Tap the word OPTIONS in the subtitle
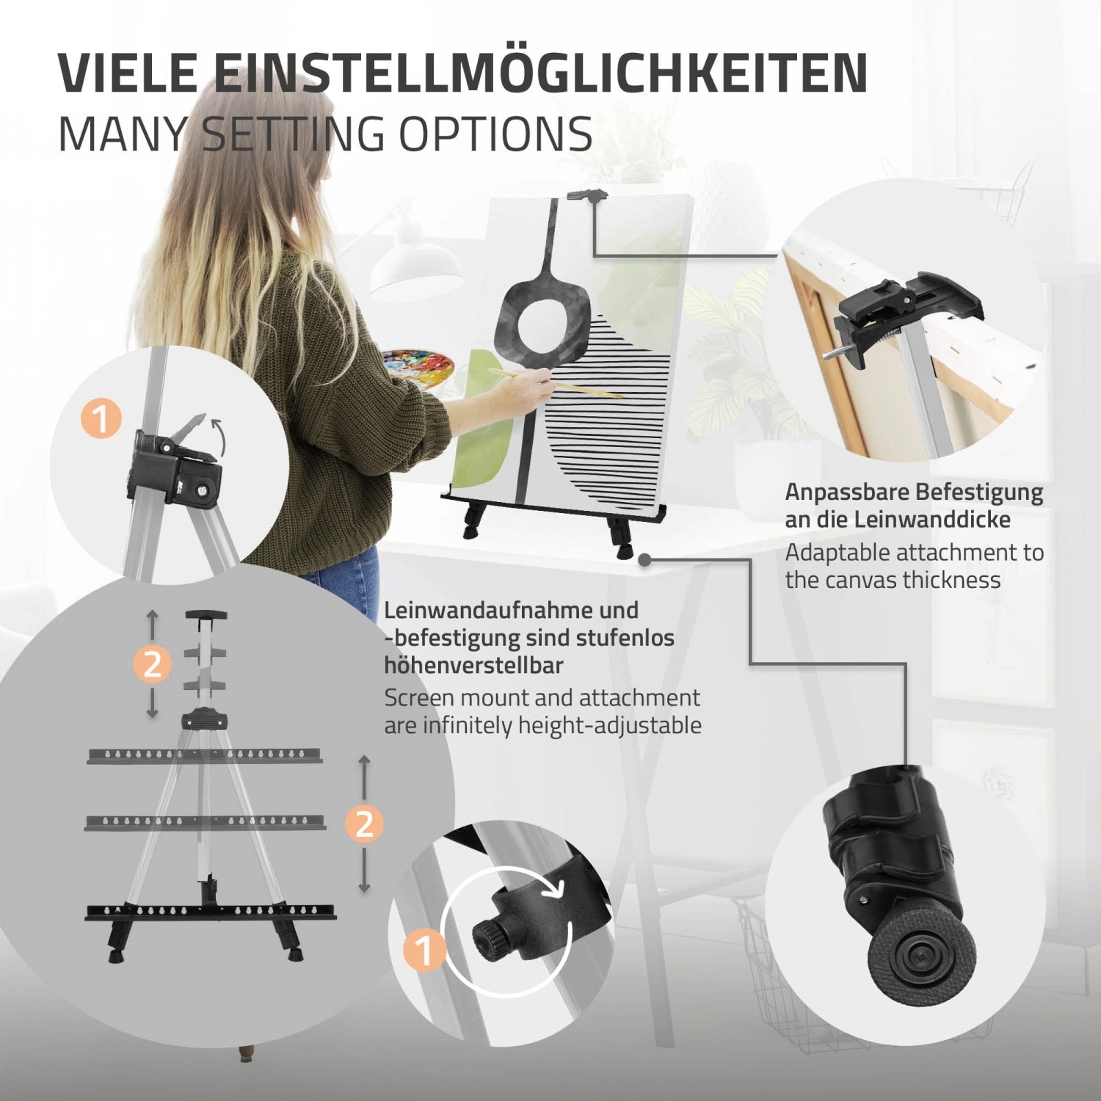tap(495, 134)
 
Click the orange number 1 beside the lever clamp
tap(101, 419)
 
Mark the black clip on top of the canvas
tap(588, 196)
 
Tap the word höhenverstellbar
tap(473, 666)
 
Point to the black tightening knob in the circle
tap(487, 937)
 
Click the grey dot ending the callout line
tap(644, 560)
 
